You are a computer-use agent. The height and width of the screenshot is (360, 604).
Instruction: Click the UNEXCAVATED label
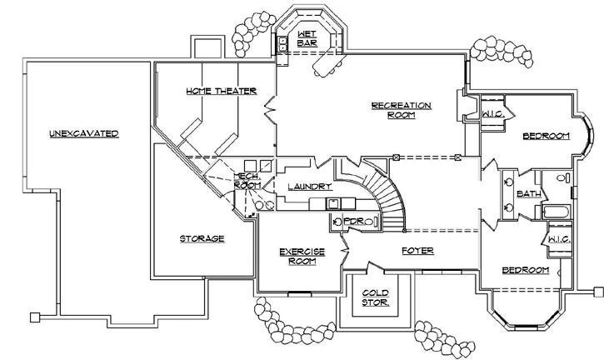pos(83,133)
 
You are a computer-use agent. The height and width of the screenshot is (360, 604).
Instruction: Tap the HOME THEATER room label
pos(221,91)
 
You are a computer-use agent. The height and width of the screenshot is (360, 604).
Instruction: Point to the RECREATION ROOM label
pos(402,110)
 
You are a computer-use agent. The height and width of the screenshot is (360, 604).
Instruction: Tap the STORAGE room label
pos(202,238)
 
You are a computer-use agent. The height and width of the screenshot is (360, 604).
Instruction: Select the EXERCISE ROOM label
pos(301,255)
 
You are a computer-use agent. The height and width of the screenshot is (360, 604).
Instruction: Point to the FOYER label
pos(417,250)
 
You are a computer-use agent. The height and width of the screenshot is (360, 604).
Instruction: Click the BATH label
pos(528,193)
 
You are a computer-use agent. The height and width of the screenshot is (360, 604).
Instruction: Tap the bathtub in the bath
pos(556,211)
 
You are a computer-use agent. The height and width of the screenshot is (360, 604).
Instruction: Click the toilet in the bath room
pos(560,178)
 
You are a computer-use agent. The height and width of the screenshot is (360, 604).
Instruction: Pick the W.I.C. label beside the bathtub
pos(557,240)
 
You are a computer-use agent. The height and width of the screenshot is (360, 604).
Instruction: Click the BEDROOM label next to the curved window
pos(546,135)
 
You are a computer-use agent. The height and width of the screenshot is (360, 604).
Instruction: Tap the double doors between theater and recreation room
pos(271,112)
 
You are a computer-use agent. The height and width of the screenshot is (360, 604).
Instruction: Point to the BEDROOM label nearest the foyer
pos(526,270)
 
